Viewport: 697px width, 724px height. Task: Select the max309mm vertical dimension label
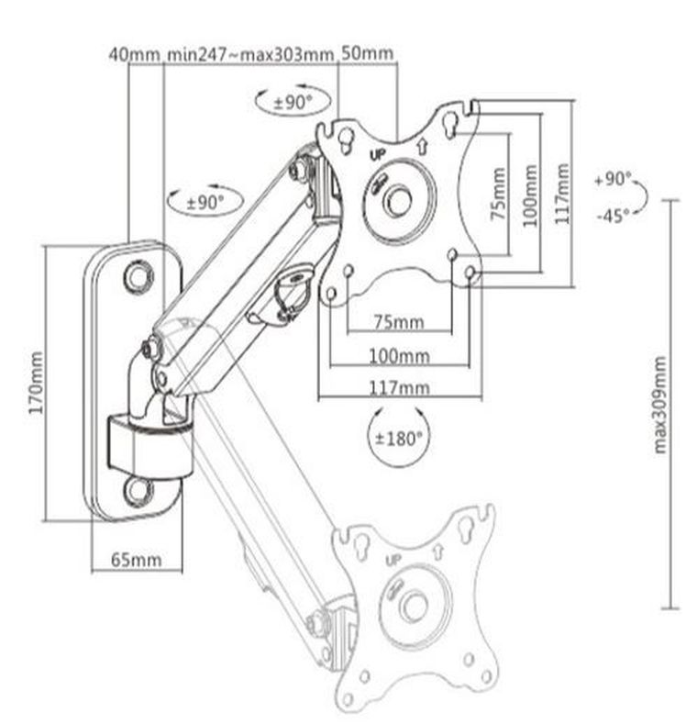pyautogui.click(x=659, y=404)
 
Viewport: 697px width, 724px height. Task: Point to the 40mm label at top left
pyautogui.click(x=134, y=53)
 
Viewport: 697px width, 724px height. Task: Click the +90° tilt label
pyautogui.click(x=613, y=179)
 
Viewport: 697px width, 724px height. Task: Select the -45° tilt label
pyautogui.click(x=612, y=216)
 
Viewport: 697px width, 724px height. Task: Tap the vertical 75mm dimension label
pyautogui.click(x=498, y=194)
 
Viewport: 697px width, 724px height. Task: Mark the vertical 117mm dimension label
pyautogui.click(x=562, y=194)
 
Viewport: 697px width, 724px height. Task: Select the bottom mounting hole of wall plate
pyautogui.click(x=139, y=489)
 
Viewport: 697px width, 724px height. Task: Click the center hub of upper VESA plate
pyautogui.click(x=396, y=200)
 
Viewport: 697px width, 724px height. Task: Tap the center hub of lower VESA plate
pyautogui.click(x=414, y=607)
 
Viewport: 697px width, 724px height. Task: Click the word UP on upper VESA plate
pyautogui.click(x=376, y=155)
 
